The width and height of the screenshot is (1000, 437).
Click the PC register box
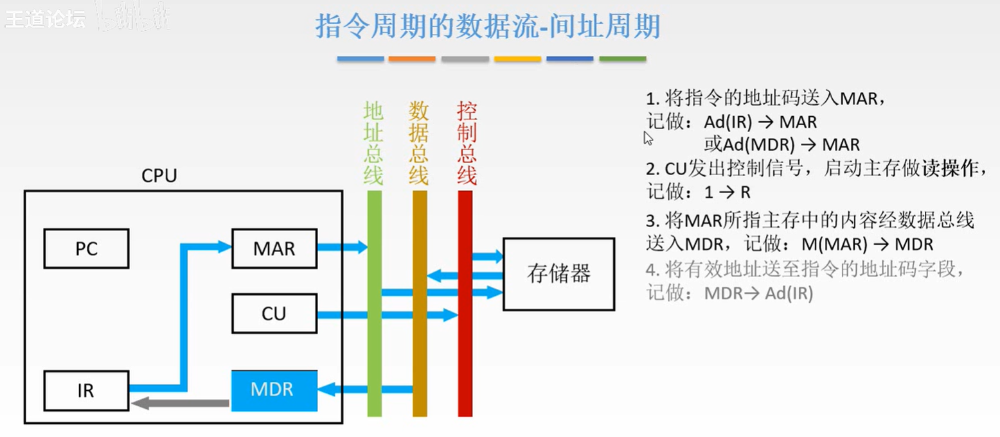click(x=86, y=248)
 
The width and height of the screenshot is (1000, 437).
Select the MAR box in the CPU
click(x=274, y=248)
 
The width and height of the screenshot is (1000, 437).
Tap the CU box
click(x=274, y=314)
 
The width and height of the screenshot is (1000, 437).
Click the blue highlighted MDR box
click(x=274, y=390)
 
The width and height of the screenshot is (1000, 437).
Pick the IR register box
click(x=86, y=390)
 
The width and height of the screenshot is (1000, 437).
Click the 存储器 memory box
click(x=558, y=275)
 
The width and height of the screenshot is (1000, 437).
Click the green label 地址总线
click(x=373, y=142)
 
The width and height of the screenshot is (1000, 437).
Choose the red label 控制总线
click(x=466, y=142)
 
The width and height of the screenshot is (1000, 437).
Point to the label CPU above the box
click(x=159, y=176)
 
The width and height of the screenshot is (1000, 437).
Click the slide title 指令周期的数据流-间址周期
click(x=488, y=26)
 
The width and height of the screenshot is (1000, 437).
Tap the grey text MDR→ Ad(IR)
click(x=758, y=293)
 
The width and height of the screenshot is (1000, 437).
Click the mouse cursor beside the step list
click(x=648, y=137)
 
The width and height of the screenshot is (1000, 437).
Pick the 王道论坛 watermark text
click(x=44, y=19)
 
